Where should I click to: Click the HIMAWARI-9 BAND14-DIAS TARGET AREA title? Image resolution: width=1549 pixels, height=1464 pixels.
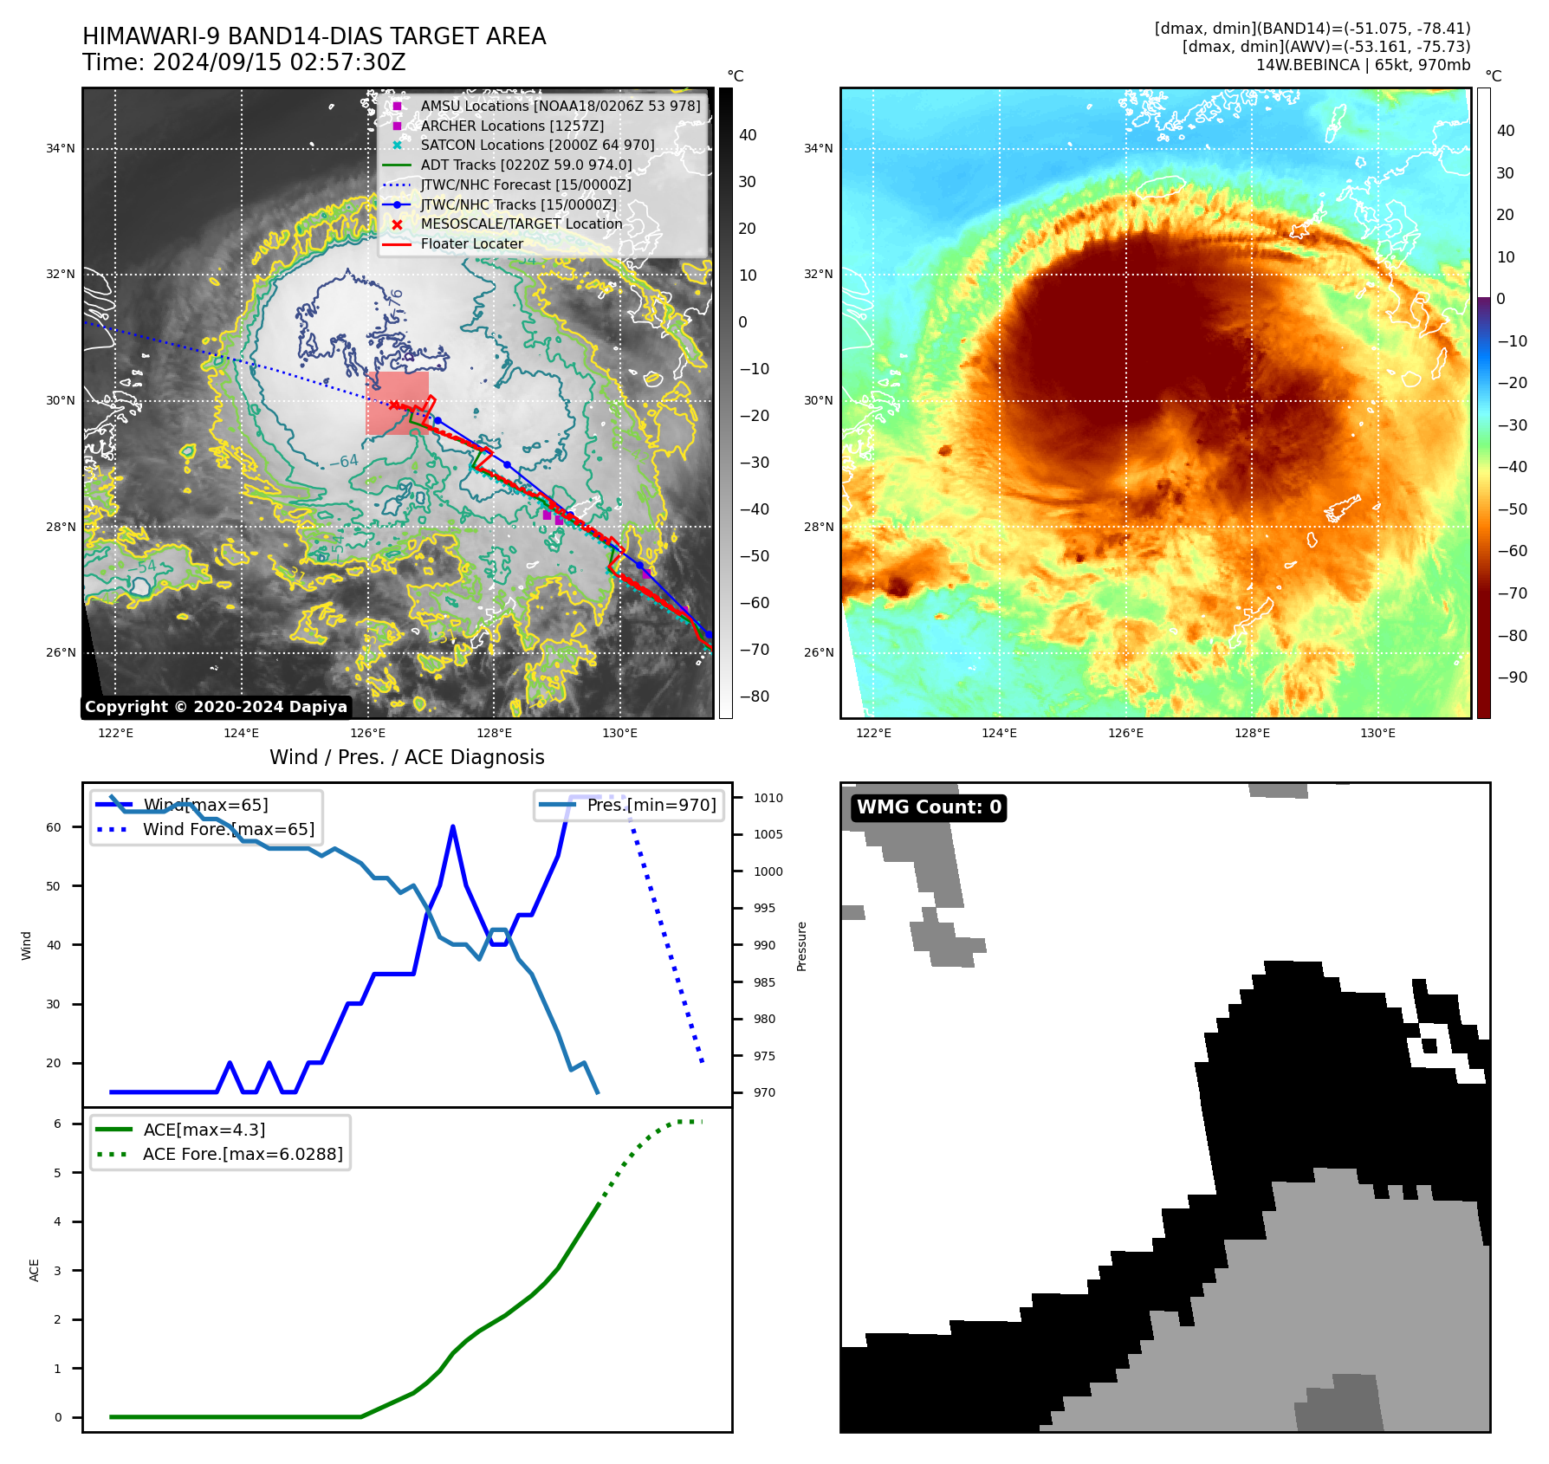[x=314, y=36]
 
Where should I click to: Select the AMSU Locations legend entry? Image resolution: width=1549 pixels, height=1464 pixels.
[x=560, y=106]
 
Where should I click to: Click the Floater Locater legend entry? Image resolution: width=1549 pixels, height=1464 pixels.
[x=471, y=244]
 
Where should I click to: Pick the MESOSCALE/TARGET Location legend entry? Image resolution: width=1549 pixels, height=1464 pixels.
[x=521, y=224]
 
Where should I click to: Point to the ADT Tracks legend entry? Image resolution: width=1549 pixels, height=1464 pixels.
[x=526, y=165]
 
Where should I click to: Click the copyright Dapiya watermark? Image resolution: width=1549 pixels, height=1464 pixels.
[x=216, y=707]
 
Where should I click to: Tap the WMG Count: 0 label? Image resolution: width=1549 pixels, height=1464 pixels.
[x=929, y=807]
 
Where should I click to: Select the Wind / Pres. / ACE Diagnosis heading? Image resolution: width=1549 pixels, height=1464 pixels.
[x=406, y=757]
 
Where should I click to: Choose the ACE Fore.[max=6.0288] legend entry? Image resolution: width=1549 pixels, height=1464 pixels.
[x=242, y=1154]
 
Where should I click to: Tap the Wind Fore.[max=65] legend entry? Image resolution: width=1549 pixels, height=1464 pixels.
[x=228, y=829]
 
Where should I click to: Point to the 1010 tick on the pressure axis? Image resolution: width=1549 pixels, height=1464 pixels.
[x=768, y=798]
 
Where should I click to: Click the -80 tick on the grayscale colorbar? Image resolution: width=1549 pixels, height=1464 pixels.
[x=754, y=696]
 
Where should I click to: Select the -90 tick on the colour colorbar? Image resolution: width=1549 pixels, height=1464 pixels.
[x=1512, y=677]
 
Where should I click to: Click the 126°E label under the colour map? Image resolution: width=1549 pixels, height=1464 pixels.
[x=1125, y=733]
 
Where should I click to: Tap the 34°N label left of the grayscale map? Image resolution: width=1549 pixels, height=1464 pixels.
[x=61, y=149]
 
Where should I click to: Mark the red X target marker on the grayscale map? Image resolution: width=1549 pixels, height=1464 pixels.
[x=395, y=405]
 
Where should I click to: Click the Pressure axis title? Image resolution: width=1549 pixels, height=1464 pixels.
[x=802, y=946]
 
